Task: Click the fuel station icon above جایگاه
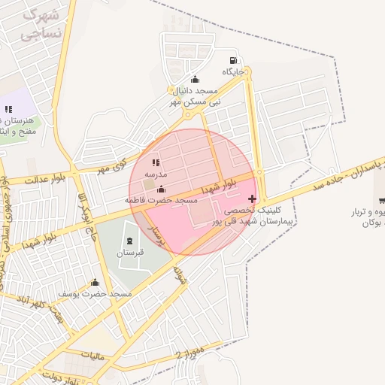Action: tap(234, 61)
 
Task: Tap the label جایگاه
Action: tap(234, 72)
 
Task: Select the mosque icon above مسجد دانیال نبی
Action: tap(196, 79)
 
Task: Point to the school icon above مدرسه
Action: tap(156, 162)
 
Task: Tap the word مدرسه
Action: tap(156, 174)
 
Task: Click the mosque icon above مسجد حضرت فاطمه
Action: tap(160, 189)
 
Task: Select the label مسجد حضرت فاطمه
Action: tap(161, 201)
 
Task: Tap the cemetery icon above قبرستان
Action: tap(129, 241)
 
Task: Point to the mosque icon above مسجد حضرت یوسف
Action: tap(95, 283)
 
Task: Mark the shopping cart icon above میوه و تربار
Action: tap(382, 200)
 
